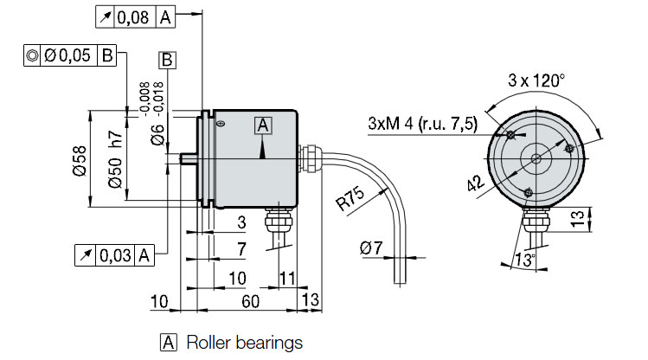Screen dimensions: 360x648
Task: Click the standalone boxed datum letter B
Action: coord(167,60)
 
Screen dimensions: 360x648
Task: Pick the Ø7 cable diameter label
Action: coord(369,249)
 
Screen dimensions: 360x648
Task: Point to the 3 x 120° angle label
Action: coord(536,80)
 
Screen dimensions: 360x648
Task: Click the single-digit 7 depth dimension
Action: coord(242,249)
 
